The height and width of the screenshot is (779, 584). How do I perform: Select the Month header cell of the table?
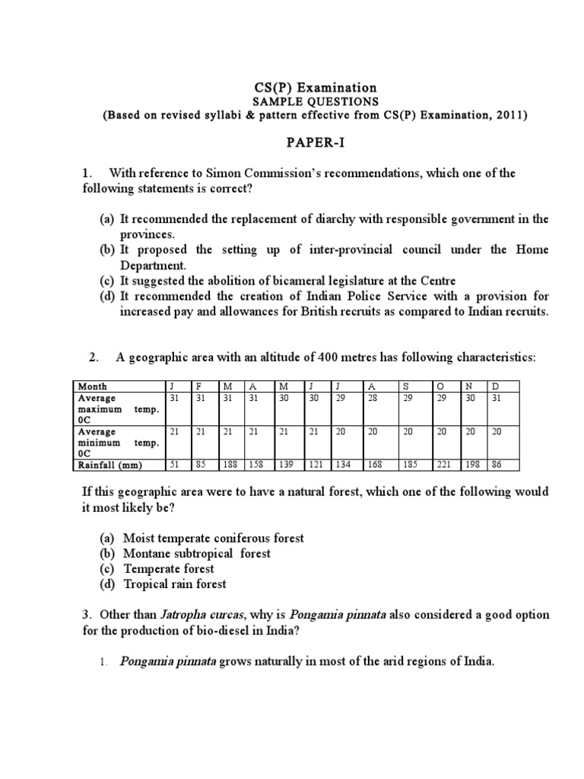94,386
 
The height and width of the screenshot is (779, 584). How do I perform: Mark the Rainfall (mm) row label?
112,465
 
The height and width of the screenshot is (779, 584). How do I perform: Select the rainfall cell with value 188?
230,465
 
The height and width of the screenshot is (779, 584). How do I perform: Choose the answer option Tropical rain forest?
175,584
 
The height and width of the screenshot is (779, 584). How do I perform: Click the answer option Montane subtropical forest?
197,553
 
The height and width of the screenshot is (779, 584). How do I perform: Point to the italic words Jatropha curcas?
197,615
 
